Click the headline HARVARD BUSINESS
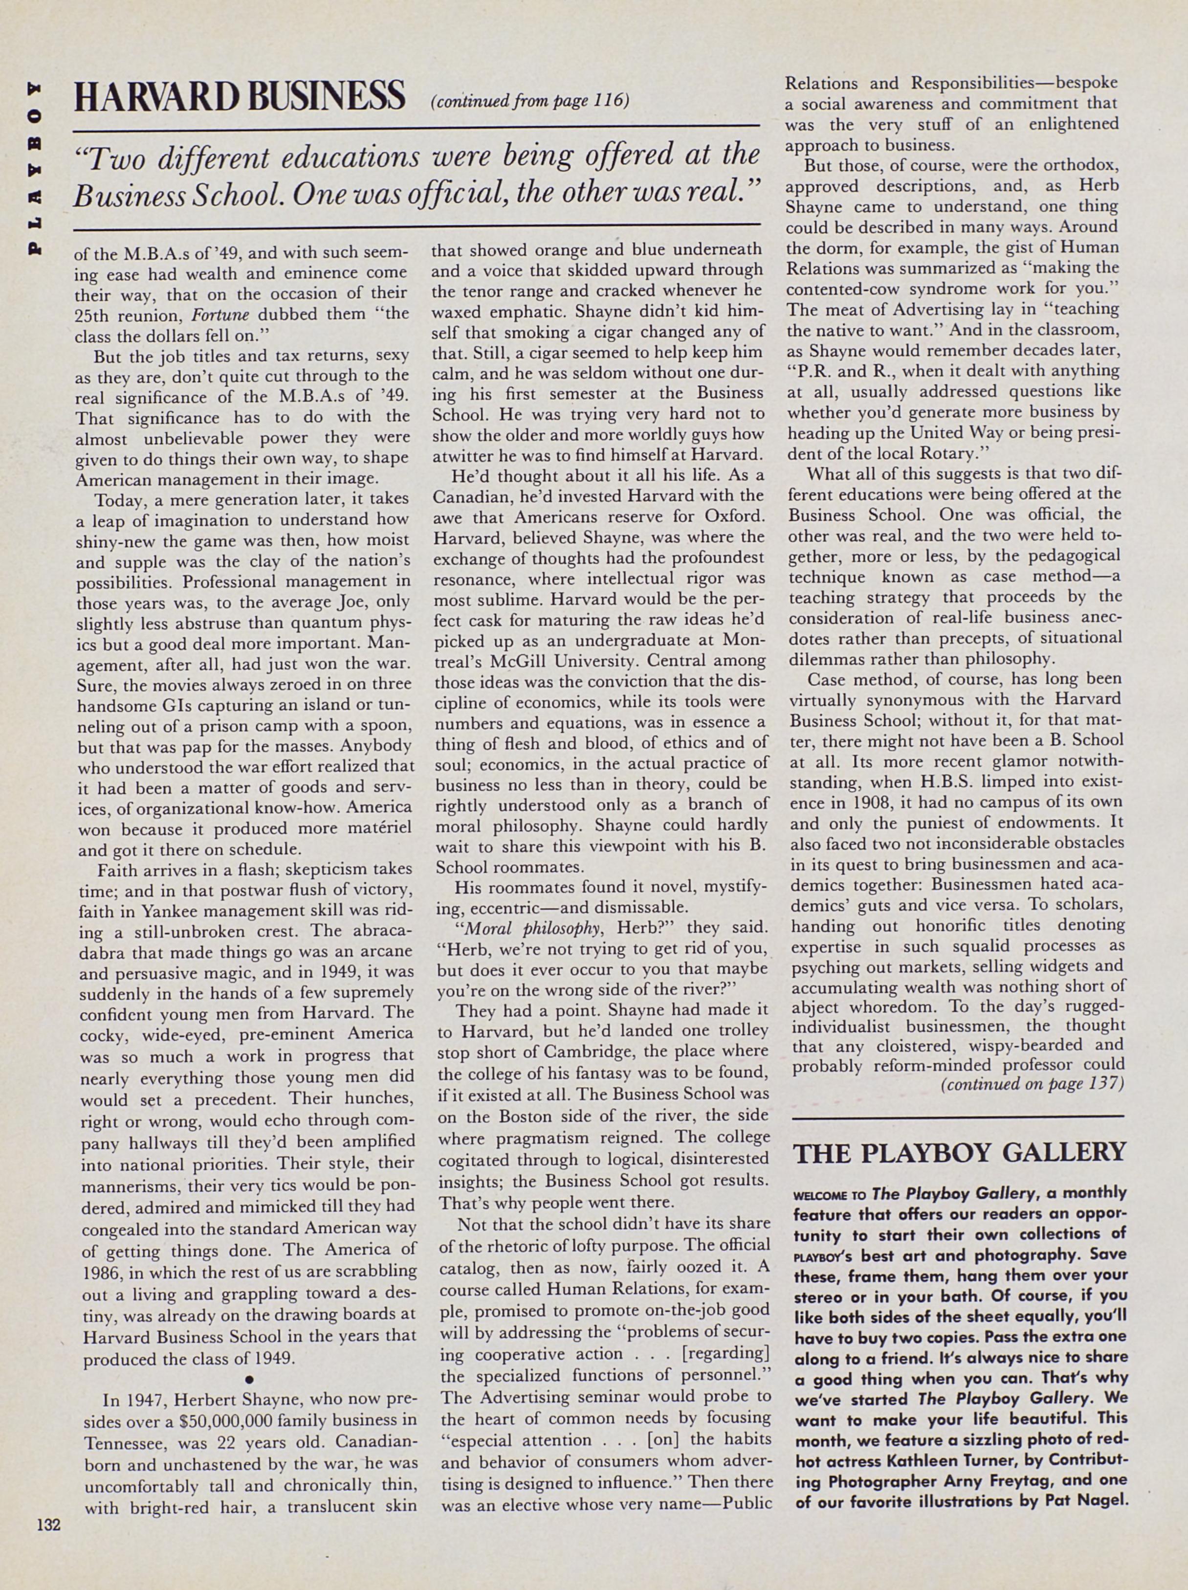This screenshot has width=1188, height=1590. (x=240, y=96)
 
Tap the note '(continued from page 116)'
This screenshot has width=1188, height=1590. (x=529, y=101)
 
